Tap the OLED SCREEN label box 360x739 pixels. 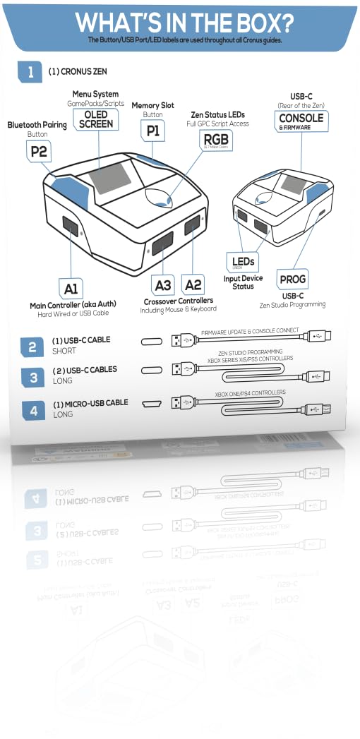coord(96,119)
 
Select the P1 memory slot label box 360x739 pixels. coord(153,131)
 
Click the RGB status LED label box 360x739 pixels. coord(216,140)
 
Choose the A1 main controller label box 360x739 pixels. coord(71,289)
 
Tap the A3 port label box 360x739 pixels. coord(163,285)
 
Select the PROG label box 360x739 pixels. coord(292,280)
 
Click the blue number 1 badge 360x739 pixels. coord(30,71)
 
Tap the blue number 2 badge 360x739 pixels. coord(32,347)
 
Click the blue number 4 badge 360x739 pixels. coord(32,409)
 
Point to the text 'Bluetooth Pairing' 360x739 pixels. coord(37,125)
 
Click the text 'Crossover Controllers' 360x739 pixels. coord(178,301)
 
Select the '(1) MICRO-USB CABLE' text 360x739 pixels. coord(90,402)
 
